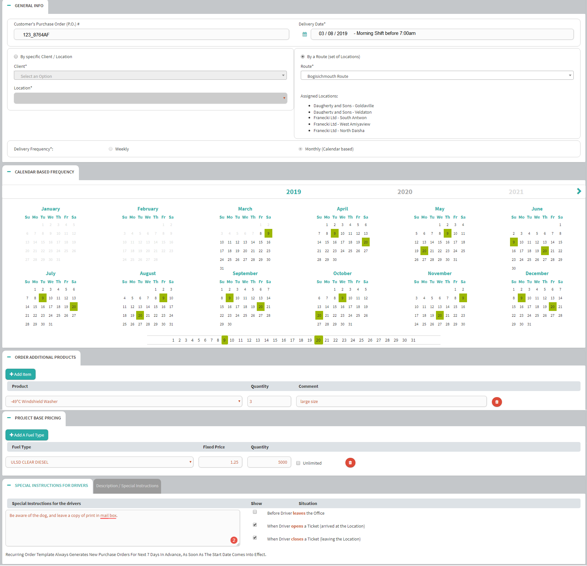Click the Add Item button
coord(20,374)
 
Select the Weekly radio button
coord(111,149)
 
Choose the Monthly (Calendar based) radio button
coord(300,149)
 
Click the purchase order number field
coord(151,35)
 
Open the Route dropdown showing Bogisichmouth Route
coord(437,76)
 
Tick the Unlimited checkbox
coord(298,463)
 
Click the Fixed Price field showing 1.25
coord(220,462)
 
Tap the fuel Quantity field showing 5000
coord(269,462)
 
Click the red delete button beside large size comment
coord(497,402)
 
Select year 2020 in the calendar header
coord(405,192)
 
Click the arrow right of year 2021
coord(579,191)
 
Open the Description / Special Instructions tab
coord(127,486)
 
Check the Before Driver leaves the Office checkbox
coord(255,512)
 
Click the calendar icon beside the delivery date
coord(305,34)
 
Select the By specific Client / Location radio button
coord(16,57)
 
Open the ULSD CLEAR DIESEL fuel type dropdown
coord(99,462)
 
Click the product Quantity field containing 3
coord(269,401)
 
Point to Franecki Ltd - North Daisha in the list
coord(339,131)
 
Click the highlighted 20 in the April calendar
coord(365,242)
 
